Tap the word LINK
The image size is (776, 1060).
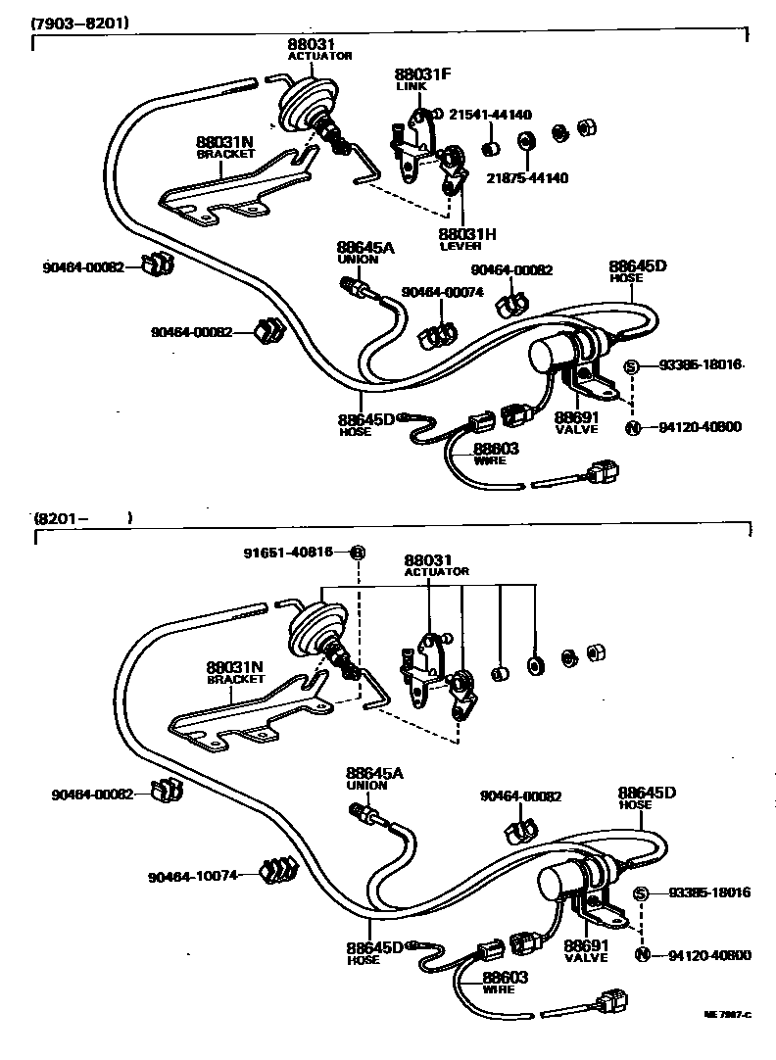coord(407,86)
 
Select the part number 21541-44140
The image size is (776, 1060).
coord(491,115)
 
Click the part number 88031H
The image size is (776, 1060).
coord(467,234)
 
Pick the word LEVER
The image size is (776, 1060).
coord(459,246)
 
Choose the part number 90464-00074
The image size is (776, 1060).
coord(441,293)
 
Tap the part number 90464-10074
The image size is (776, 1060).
coord(193,875)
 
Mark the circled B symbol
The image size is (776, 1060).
coord(358,553)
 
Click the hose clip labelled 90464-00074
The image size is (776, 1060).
coord(435,335)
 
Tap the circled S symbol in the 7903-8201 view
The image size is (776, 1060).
coord(632,365)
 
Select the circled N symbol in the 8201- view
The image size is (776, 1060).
coord(642,955)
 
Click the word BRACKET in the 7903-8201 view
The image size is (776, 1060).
coord(225,154)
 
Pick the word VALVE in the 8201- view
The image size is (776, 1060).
coord(586,958)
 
